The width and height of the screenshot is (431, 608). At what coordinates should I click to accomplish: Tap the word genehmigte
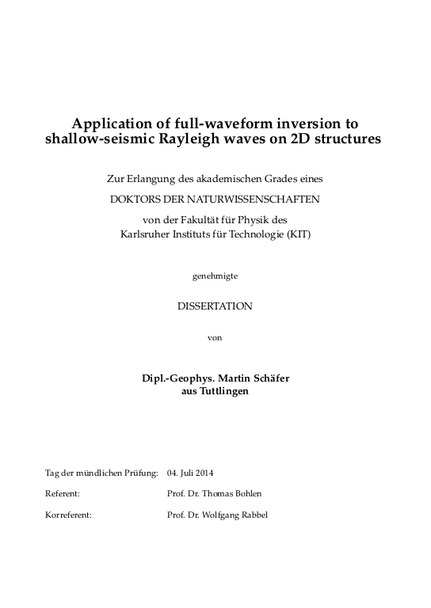215,276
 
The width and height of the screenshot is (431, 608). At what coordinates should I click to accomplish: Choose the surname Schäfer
270,378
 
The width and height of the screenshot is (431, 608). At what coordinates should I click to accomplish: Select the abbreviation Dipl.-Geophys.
177,378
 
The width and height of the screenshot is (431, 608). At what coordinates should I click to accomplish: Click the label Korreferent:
69,514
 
